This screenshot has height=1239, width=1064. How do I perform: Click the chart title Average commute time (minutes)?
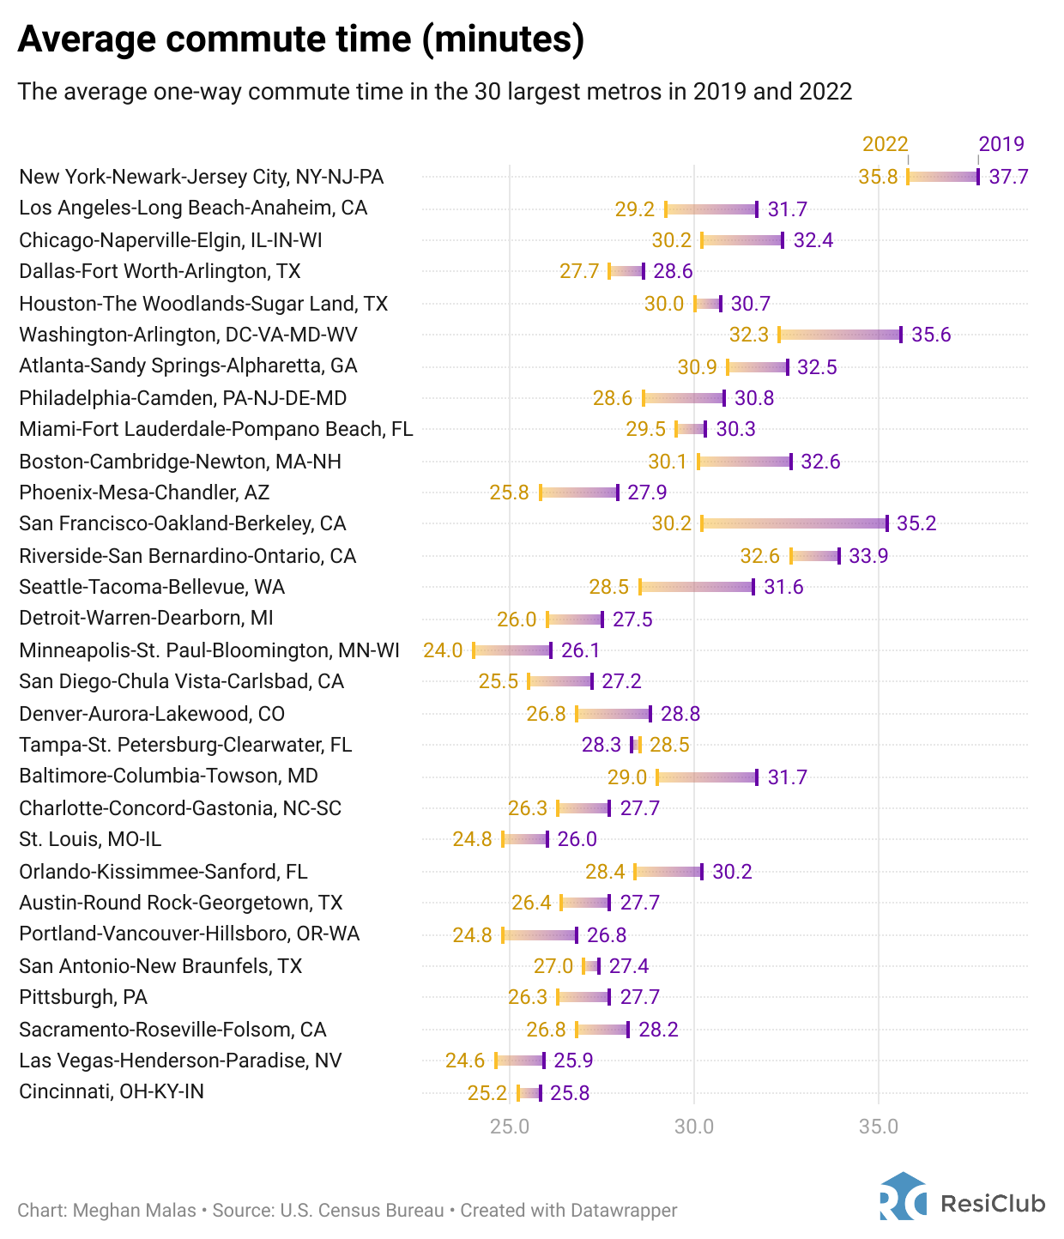click(x=300, y=39)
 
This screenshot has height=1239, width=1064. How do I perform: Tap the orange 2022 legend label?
click(x=885, y=144)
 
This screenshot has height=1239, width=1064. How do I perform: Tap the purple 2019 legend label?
click(x=1001, y=144)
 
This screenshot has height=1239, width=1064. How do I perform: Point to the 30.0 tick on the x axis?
click(x=693, y=1126)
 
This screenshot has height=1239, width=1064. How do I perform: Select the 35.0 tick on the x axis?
click(x=878, y=1126)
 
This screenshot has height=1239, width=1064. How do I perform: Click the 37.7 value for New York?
click(x=1008, y=178)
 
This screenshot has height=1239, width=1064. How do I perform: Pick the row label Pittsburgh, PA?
click(x=83, y=997)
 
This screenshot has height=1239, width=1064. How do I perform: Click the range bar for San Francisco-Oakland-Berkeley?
click(x=795, y=523)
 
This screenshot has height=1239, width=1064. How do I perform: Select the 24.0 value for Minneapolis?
click(x=443, y=650)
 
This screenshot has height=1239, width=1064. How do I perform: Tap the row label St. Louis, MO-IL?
click(x=90, y=839)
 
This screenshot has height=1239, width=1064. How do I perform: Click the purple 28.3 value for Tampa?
click(x=602, y=745)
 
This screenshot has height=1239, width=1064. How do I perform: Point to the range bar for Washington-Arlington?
click(x=840, y=335)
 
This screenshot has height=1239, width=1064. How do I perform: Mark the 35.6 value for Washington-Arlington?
click(x=931, y=335)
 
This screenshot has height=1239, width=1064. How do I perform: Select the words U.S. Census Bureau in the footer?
click(x=362, y=1211)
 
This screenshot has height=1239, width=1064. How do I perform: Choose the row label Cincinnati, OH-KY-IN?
click(x=112, y=1091)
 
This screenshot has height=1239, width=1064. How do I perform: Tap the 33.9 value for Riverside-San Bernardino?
click(x=868, y=556)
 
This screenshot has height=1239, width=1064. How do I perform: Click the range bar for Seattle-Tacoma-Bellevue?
click(x=697, y=587)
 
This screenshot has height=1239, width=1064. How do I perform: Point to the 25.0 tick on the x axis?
click(x=510, y=1126)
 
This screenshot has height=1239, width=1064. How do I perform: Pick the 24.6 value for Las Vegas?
click(x=465, y=1061)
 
